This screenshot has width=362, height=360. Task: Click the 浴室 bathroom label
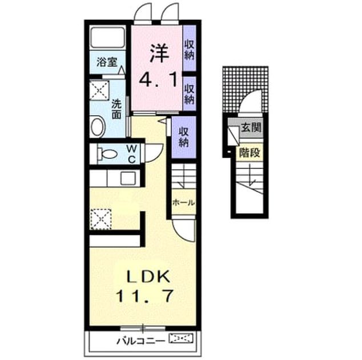tap(107, 62)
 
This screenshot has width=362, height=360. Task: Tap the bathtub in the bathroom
tap(107, 38)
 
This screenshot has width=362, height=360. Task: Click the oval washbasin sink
tap(98, 127)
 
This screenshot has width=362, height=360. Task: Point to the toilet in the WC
tap(107, 154)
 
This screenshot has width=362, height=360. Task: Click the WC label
tap(131, 154)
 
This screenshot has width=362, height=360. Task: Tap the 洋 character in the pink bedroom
tap(159, 53)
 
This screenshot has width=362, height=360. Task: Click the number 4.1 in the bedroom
tap(158, 79)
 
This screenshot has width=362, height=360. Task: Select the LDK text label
tap(149, 277)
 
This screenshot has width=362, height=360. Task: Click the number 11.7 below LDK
tap(145, 296)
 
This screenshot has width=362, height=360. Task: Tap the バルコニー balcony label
tap(141, 341)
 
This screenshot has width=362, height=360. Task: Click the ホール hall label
tap(184, 203)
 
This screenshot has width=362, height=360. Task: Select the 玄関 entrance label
tap(251, 127)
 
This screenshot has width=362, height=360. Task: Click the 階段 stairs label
tap(250, 153)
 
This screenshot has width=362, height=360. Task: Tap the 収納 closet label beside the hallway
tap(184, 138)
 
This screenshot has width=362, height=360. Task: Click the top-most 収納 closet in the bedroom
tap(190, 50)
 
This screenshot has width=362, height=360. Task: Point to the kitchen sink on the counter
tap(128, 178)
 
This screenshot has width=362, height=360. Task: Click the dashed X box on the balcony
tap(181, 339)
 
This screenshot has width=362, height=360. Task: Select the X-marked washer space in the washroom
tap(99, 90)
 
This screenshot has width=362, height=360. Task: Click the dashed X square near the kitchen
tap(100, 219)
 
